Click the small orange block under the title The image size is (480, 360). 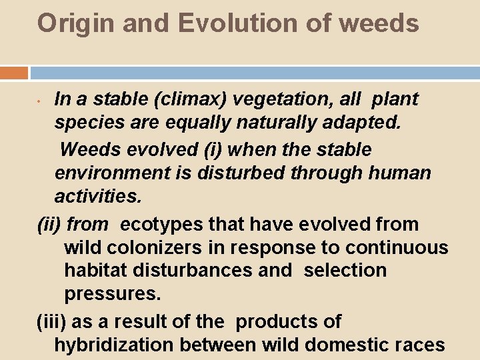click(14, 72)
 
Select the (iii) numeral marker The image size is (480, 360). click(51, 321)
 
